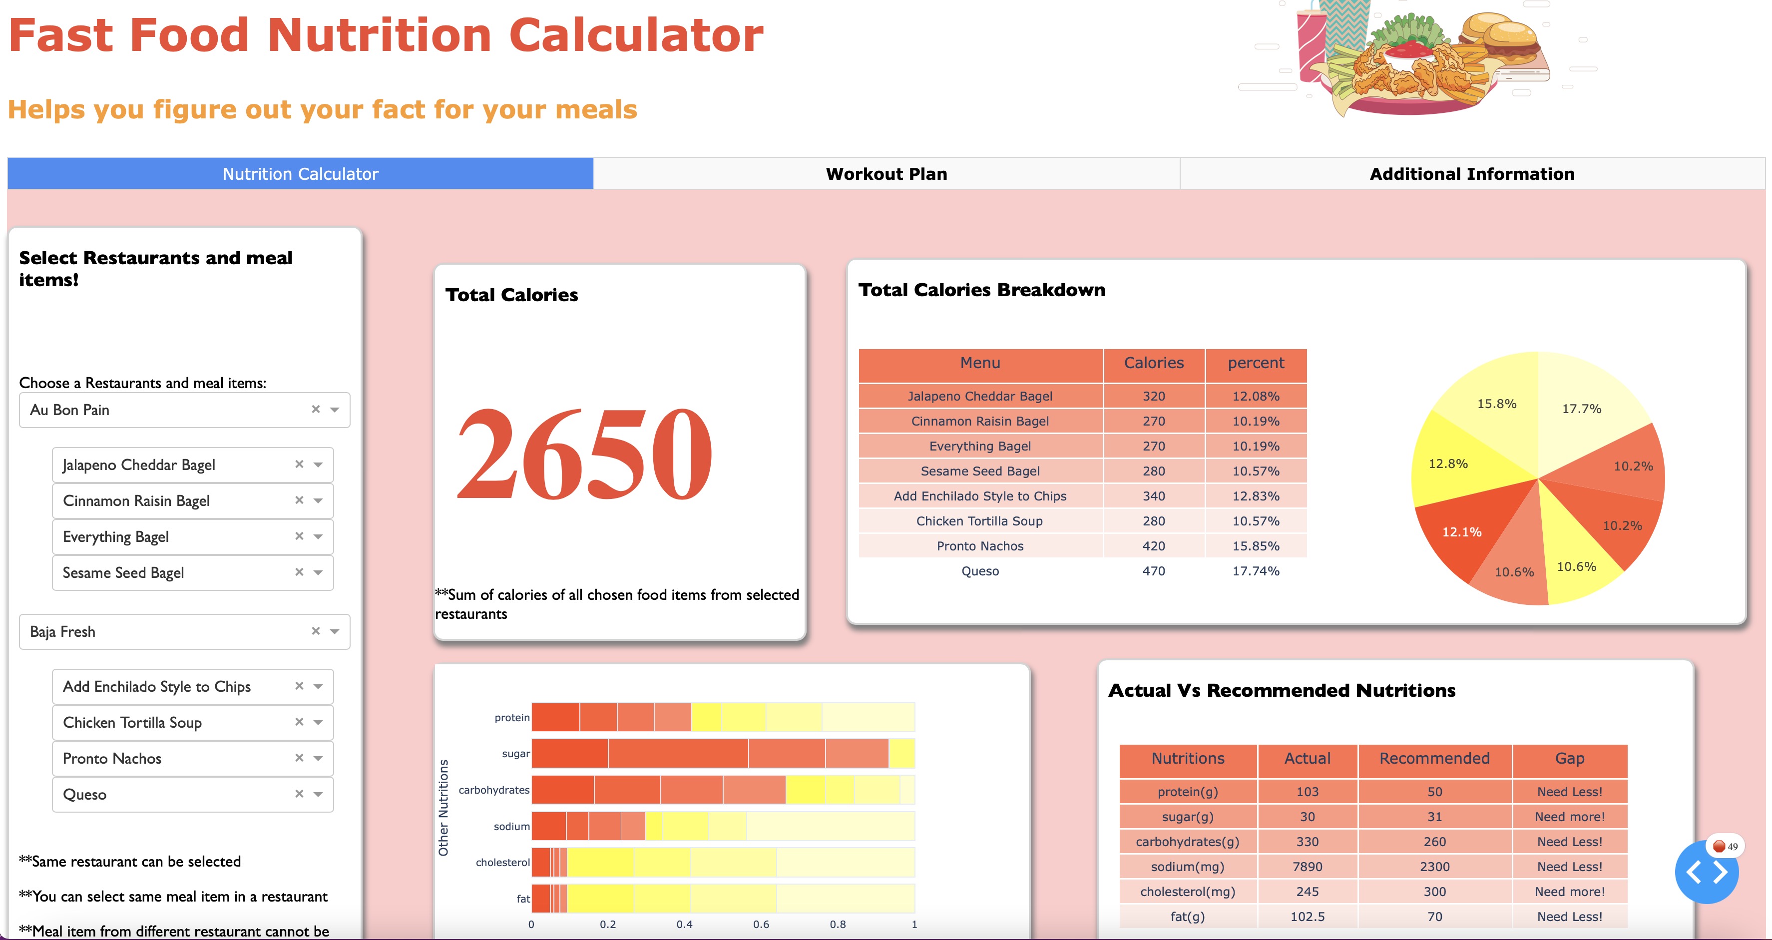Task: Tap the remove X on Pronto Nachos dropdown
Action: point(299,758)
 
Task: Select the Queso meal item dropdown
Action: point(172,794)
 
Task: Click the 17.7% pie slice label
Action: point(1581,409)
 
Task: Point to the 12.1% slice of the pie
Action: point(1462,531)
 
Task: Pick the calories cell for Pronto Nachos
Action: point(1154,546)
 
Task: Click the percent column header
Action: point(1256,363)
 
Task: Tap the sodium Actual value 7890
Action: point(1307,867)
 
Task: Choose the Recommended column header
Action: point(1434,758)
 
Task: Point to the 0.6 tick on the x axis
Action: point(761,924)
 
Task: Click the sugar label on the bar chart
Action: point(515,754)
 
